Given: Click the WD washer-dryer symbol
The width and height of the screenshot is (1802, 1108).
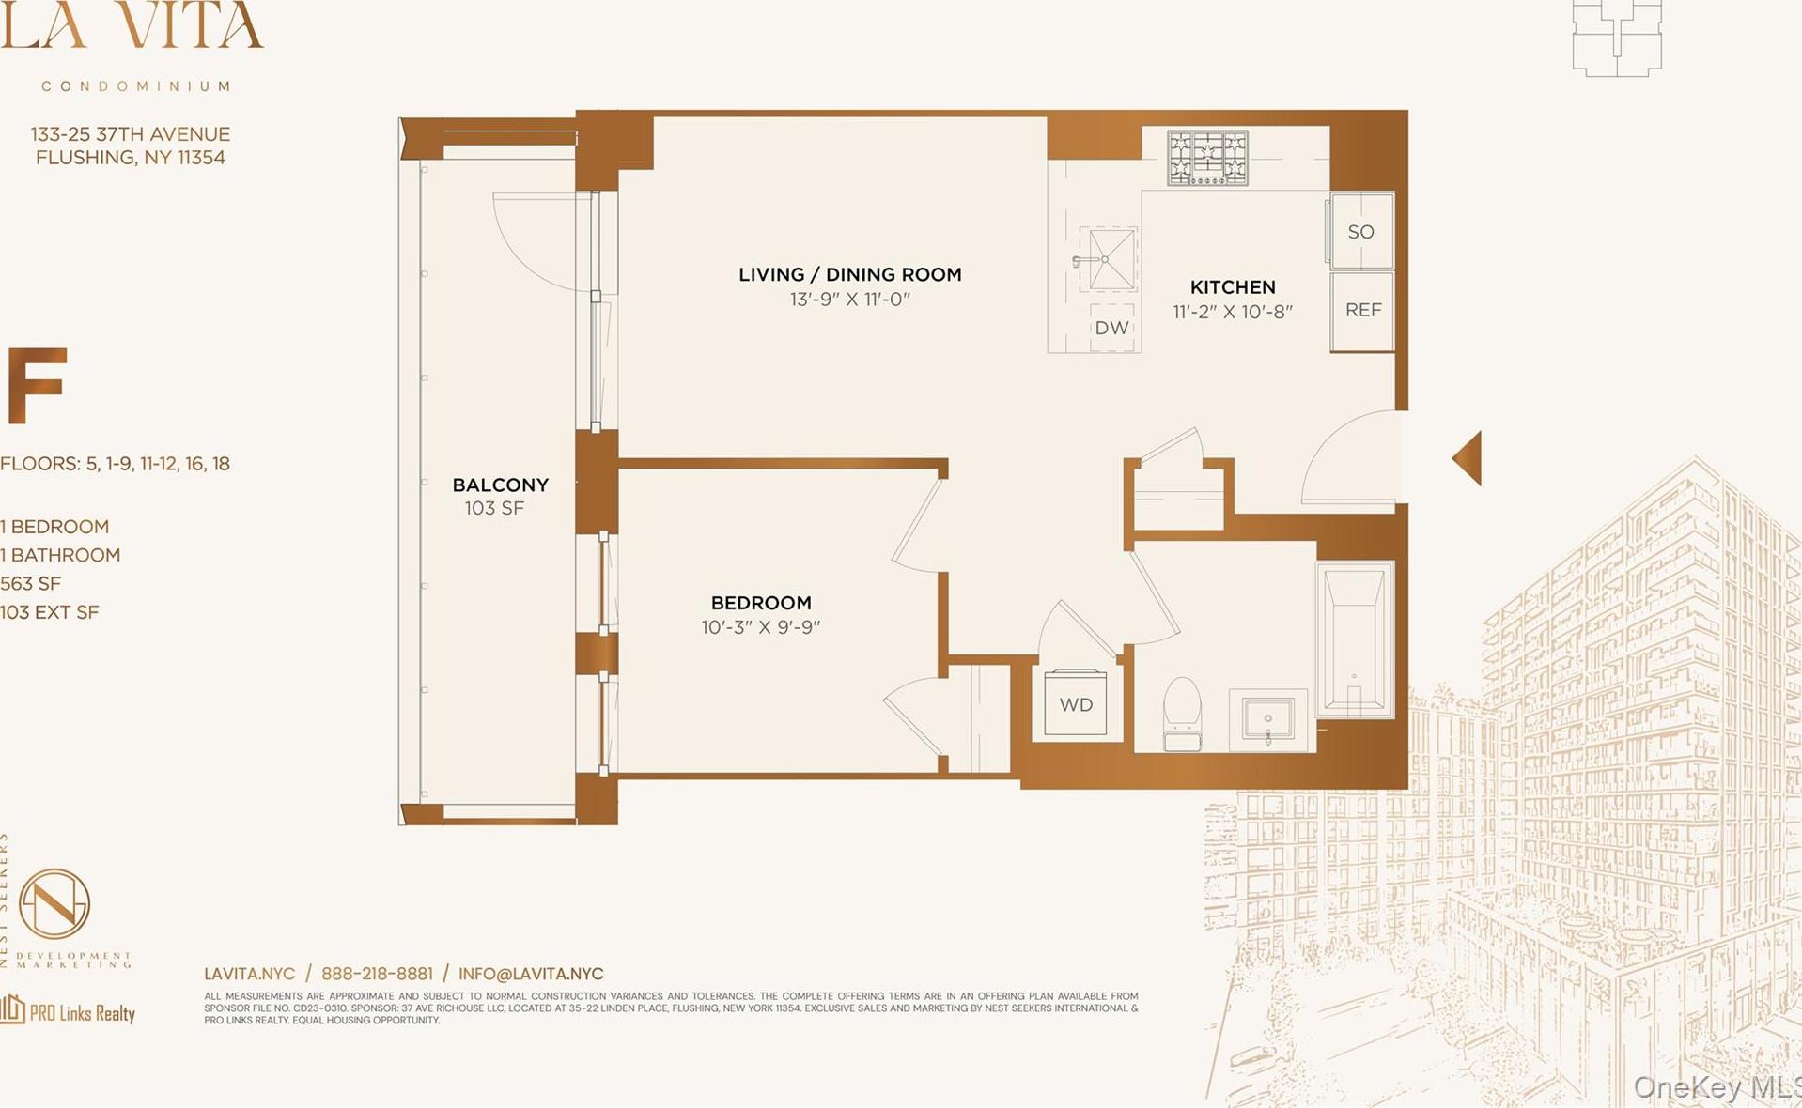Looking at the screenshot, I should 1075,703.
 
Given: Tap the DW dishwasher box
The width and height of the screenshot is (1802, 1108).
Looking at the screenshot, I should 1111,328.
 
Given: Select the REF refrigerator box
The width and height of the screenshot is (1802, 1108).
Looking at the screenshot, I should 1362,311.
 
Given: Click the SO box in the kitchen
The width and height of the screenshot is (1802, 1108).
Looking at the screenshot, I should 1360,231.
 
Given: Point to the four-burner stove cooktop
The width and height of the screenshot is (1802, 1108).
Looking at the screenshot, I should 1207,157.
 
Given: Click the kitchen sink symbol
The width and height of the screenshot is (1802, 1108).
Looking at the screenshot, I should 1109,258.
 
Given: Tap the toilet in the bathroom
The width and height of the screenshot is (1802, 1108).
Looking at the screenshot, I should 1182,713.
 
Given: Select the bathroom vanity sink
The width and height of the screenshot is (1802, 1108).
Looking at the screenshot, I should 1267,720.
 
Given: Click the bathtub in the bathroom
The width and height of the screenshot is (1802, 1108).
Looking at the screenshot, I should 1354,639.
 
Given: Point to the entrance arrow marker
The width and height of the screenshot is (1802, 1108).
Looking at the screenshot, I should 1468,458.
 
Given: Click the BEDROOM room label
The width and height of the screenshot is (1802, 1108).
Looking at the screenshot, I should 760,603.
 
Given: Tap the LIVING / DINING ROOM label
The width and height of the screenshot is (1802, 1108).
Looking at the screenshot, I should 849,274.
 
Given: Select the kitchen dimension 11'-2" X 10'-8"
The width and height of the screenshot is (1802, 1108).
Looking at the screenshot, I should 1232,312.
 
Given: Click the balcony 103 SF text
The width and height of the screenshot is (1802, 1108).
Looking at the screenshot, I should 494,508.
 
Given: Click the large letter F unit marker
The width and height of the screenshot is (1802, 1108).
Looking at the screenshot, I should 36,385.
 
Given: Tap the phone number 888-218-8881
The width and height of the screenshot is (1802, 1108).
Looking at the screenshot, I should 377,974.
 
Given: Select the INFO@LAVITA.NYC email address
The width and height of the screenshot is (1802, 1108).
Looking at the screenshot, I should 531,974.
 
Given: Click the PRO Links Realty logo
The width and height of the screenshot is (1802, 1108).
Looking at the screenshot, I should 68,1011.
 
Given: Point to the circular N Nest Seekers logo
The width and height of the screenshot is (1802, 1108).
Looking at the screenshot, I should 54,903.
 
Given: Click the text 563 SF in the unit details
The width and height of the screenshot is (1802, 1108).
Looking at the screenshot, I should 31,583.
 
